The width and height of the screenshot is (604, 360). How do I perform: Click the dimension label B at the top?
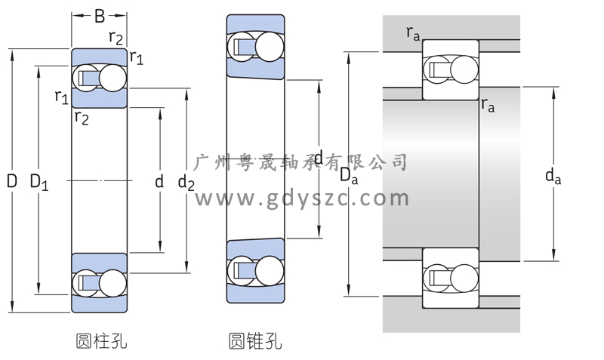[99, 14]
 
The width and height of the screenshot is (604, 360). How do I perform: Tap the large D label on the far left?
[11, 181]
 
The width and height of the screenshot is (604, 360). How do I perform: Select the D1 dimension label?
[39, 182]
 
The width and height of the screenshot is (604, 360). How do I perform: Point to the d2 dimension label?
[186, 182]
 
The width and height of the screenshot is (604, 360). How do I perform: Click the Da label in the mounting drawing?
[348, 175]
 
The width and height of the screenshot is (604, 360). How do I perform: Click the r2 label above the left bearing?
[116, 38]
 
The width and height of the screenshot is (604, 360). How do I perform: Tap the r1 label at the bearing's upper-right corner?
[136, 57]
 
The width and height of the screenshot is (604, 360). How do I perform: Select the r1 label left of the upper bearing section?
[61, 97]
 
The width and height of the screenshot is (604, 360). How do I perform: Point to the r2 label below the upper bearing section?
[82, 116]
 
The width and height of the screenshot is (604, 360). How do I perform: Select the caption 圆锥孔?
[255, 341]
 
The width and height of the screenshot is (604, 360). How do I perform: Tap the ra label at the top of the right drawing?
[413, 32]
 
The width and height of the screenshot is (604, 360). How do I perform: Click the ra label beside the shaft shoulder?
[488, 106]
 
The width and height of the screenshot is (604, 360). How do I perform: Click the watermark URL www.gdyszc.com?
[302, 198]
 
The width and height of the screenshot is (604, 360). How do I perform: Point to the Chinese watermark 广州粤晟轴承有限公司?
[301, 162]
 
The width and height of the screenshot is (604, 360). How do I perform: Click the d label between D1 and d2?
[159, 182]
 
